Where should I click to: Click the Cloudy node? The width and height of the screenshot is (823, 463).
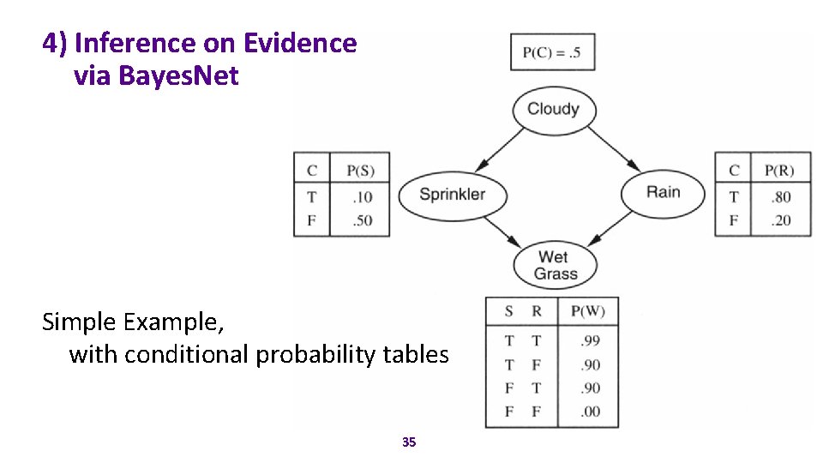(553, 109)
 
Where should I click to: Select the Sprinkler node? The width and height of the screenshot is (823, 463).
(452, 193)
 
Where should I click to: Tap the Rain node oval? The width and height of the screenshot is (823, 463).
(663, 192)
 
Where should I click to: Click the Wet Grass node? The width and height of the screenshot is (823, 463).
(556, 266)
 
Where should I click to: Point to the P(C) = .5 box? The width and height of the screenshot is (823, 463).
(552, 52)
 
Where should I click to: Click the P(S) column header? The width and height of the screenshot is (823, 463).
(360, 171)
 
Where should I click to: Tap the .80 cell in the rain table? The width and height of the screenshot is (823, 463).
(780, 197)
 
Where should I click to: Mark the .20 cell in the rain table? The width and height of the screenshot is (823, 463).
(780, 220)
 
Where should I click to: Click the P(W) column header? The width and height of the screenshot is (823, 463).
(587, 312)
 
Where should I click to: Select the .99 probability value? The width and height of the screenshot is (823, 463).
(589, 341)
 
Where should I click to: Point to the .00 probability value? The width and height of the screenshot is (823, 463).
(589, 412)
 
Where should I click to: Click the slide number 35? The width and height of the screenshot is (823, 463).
(409, 442)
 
